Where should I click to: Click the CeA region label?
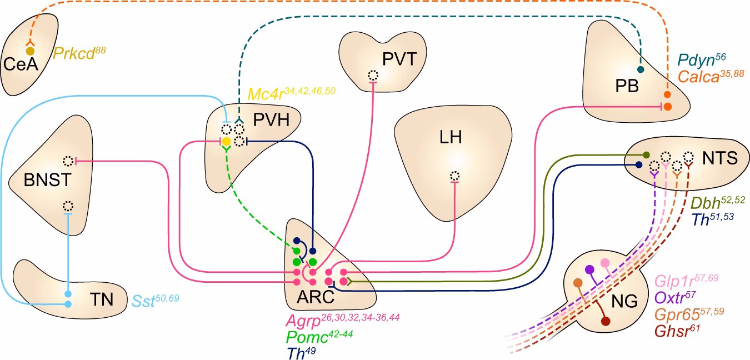click(20, 65)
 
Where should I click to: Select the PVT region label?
click(399, 59)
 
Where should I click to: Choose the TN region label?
click(101, 301)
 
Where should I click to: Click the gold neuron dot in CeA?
click(31, 51)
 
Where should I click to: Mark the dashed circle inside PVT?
click(373, 76)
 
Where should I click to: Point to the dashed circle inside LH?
click(454, 176)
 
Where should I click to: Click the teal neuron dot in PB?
click(640, 70)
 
